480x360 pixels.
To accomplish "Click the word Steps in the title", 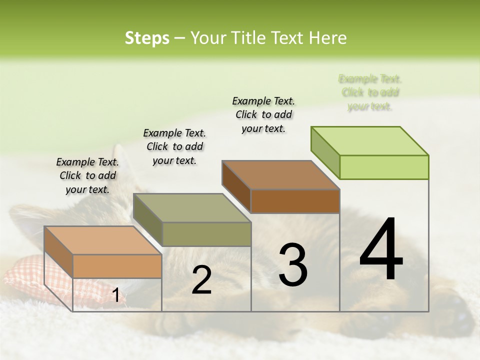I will [x=147, y=38].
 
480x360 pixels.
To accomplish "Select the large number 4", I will [x=381, y=249].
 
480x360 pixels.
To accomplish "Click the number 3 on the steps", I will [x=292, y=265].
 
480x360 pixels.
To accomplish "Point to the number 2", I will [x=201, y=280].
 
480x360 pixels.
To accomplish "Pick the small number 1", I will [x=116, y=295].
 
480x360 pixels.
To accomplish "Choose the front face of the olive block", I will [x=206, y=234].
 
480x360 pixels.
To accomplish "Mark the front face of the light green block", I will [x=384, y=167].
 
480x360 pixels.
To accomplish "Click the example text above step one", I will [x=87, y=175].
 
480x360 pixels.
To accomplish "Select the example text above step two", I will [x=174, y=146].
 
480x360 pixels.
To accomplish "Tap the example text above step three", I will [x=263, y=114].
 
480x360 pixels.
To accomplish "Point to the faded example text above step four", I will [x=370, y=92].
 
